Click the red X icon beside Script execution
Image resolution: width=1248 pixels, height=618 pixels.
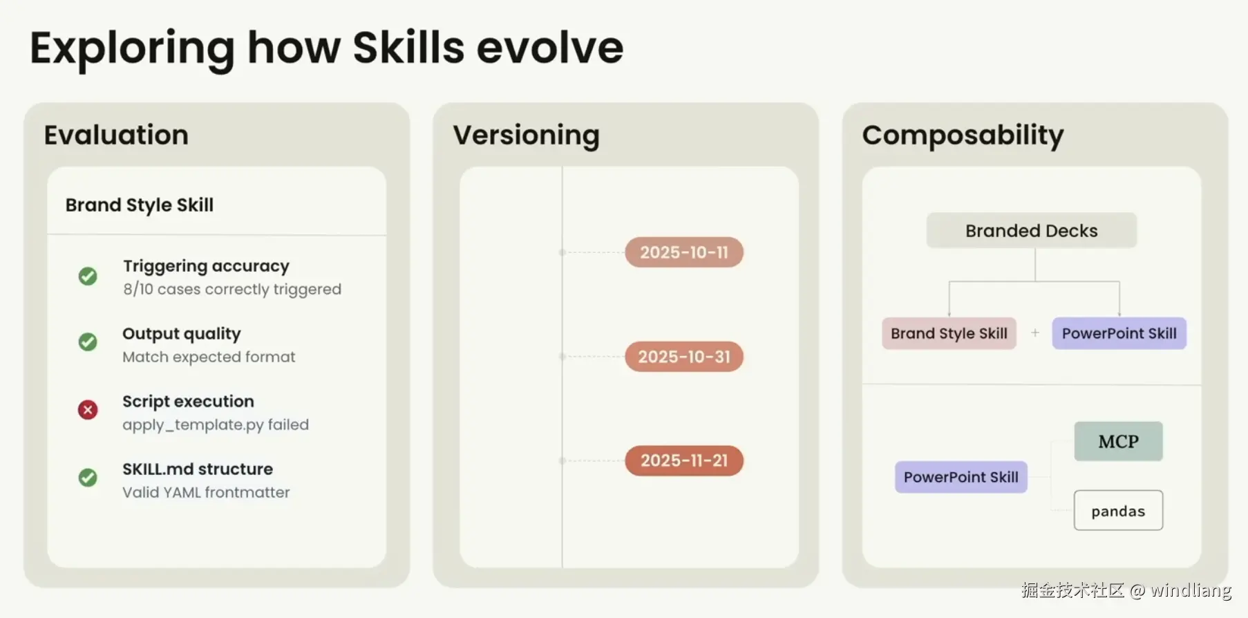88,410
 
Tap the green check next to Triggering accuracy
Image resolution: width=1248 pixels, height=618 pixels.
88,277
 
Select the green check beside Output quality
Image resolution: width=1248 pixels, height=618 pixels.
88,341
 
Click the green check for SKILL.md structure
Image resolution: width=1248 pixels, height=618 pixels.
88,478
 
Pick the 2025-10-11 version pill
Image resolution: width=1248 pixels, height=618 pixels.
684,252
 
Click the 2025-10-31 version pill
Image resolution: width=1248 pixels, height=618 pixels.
684,357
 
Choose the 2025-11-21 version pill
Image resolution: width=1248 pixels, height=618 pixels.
684,461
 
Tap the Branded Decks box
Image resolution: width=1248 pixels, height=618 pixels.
1031,230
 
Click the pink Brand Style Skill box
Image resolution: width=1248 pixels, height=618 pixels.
949,333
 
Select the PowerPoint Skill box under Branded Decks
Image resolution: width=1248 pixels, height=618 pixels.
1119,333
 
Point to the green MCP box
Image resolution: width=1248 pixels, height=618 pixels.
1118,441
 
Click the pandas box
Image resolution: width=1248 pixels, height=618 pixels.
1118,511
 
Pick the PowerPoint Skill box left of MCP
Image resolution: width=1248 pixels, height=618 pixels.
961,477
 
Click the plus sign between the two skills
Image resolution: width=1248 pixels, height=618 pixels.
1035,333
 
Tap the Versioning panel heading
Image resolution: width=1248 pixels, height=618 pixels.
526,135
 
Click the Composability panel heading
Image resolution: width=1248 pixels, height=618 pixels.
963,135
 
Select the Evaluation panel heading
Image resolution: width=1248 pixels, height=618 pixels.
116,135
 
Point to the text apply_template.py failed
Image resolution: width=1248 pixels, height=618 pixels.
216,425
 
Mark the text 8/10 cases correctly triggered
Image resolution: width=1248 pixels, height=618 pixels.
232,290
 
